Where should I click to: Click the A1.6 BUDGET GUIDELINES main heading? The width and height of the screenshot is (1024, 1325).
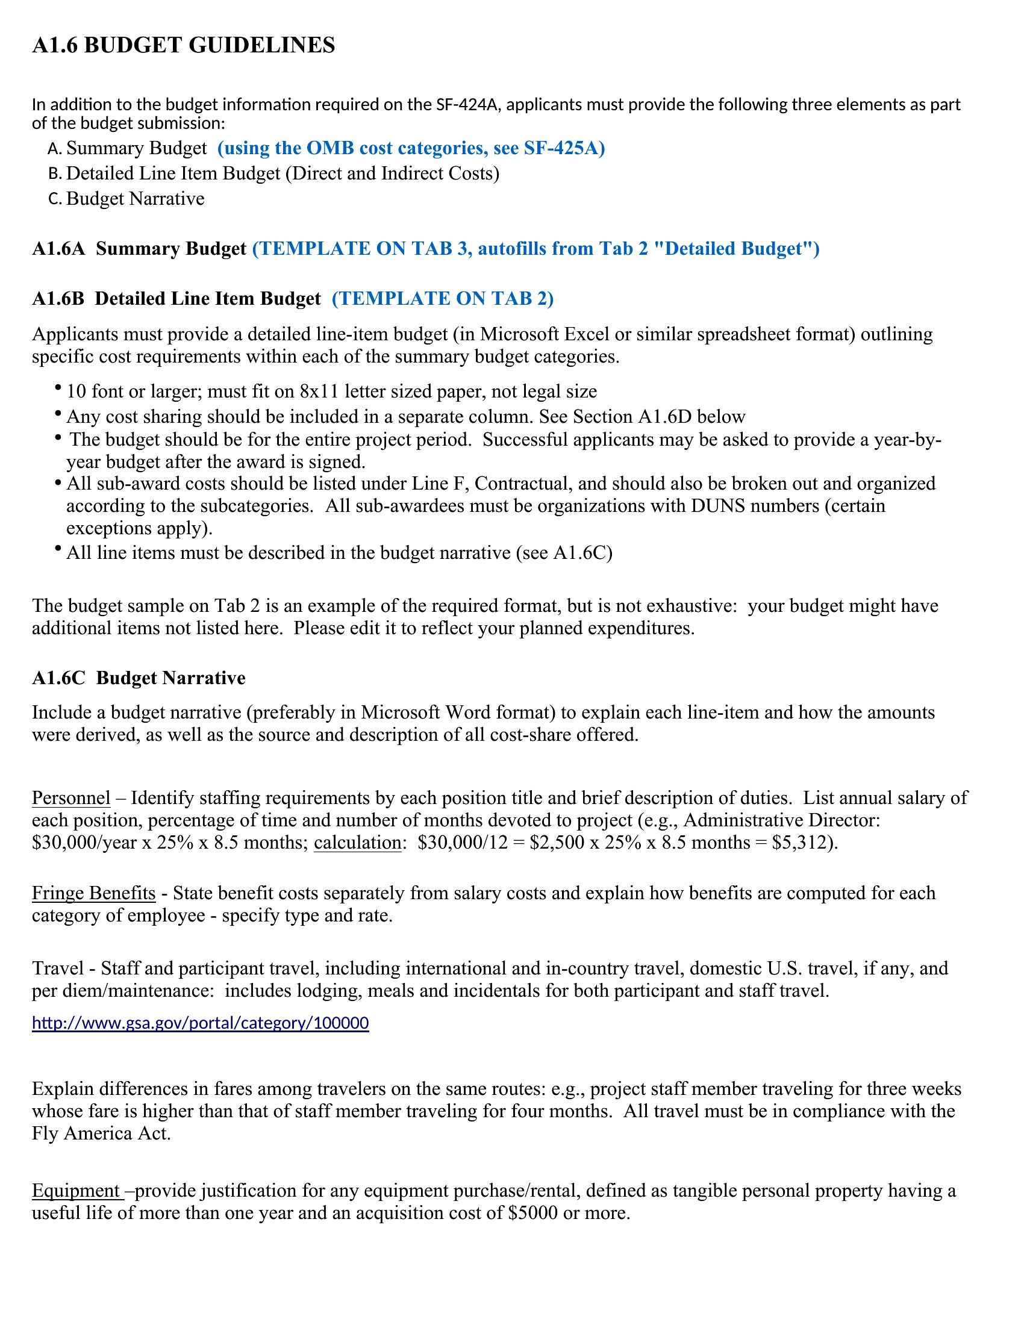(x=183, y=46)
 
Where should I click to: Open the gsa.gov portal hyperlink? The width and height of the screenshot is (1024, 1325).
(x=200, y=1023)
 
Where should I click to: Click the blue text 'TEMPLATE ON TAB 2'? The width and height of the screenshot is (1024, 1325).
(x=442, y=299)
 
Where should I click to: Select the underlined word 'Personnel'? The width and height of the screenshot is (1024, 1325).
(x=71, y=798)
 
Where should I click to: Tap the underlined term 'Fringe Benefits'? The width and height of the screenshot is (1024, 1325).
(x=93, y=893)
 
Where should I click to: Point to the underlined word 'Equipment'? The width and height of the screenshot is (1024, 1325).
(x=76, y=1190)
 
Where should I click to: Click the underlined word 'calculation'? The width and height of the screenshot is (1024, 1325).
(x=357, y=843)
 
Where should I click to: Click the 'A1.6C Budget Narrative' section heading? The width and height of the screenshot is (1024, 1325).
(x=139, y=678)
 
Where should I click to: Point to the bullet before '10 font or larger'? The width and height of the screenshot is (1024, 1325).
(x=58, y=387)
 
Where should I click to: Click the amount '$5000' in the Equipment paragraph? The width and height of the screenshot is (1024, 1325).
(x=532, y=1213)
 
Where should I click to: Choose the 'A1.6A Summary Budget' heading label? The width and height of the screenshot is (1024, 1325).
(x=139, y=249)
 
